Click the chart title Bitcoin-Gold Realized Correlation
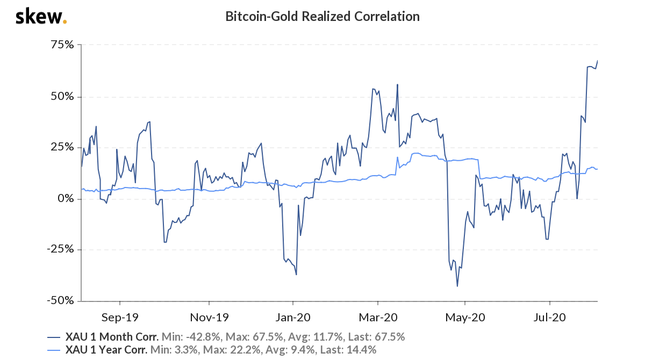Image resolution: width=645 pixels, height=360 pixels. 322,17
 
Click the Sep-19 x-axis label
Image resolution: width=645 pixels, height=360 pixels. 119,317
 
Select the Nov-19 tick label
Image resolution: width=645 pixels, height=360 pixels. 209,317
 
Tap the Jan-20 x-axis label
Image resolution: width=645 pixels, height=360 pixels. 293,317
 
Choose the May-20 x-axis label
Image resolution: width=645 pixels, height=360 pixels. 465,317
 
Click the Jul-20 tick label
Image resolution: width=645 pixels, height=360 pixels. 550,317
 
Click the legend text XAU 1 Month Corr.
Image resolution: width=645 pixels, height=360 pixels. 112,337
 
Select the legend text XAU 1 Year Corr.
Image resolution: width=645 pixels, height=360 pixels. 106,350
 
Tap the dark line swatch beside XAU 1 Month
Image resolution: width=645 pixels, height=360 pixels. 54,337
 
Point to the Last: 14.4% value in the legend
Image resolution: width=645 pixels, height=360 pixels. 349,350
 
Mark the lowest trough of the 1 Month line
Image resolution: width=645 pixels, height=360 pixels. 457,286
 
